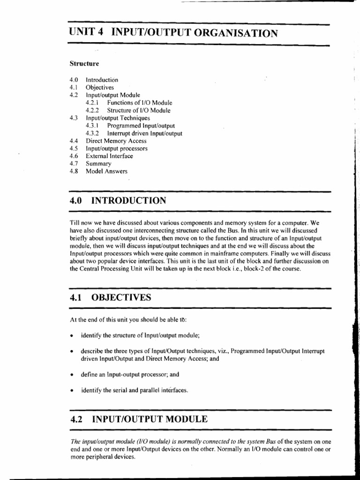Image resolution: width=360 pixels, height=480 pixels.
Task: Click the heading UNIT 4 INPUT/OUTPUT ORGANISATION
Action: [173, 33]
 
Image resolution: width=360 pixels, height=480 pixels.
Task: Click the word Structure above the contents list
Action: [84, 63]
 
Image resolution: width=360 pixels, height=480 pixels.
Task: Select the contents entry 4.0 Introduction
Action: [102, 80]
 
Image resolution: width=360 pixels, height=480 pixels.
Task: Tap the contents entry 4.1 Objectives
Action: [99, 87]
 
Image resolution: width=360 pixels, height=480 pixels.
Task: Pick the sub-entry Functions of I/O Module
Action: [139, 103]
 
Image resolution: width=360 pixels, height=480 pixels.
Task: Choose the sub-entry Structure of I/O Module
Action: [139, 111]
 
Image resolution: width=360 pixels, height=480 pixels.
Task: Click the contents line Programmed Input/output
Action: [141, 126]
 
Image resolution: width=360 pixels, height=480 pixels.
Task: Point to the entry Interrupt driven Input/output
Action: [144, 133]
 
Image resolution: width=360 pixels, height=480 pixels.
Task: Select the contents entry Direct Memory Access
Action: [116, 141]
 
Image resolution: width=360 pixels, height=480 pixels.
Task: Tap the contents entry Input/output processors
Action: [116, 149]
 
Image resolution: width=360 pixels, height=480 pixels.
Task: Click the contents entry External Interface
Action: [109, 156]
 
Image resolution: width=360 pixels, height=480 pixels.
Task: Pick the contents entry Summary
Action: [98, 164]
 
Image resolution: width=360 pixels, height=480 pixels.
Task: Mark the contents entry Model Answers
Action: [106, 172]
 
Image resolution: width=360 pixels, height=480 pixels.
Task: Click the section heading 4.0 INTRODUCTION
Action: [117, 201]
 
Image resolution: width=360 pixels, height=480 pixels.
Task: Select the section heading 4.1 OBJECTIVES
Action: [110, 297]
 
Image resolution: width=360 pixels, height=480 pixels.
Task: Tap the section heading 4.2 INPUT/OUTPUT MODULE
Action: [138, 419]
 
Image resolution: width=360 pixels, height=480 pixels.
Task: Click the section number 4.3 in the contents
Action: [73, 118]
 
